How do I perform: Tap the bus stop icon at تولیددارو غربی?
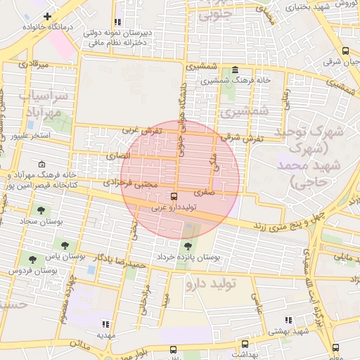pyautogui.click(x=174, y=197)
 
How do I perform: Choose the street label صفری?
pyautogui.click(x=205, y=191)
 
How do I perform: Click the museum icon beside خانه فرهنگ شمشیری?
pyautogui.click(x=234, y=70)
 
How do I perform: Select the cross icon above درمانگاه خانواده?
pyautogui.click(x=47, y=16)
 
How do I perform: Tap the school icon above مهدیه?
pyautogui.click(x=105, y=324)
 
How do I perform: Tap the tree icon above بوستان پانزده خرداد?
pyautogui.click(x=188, y=246)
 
